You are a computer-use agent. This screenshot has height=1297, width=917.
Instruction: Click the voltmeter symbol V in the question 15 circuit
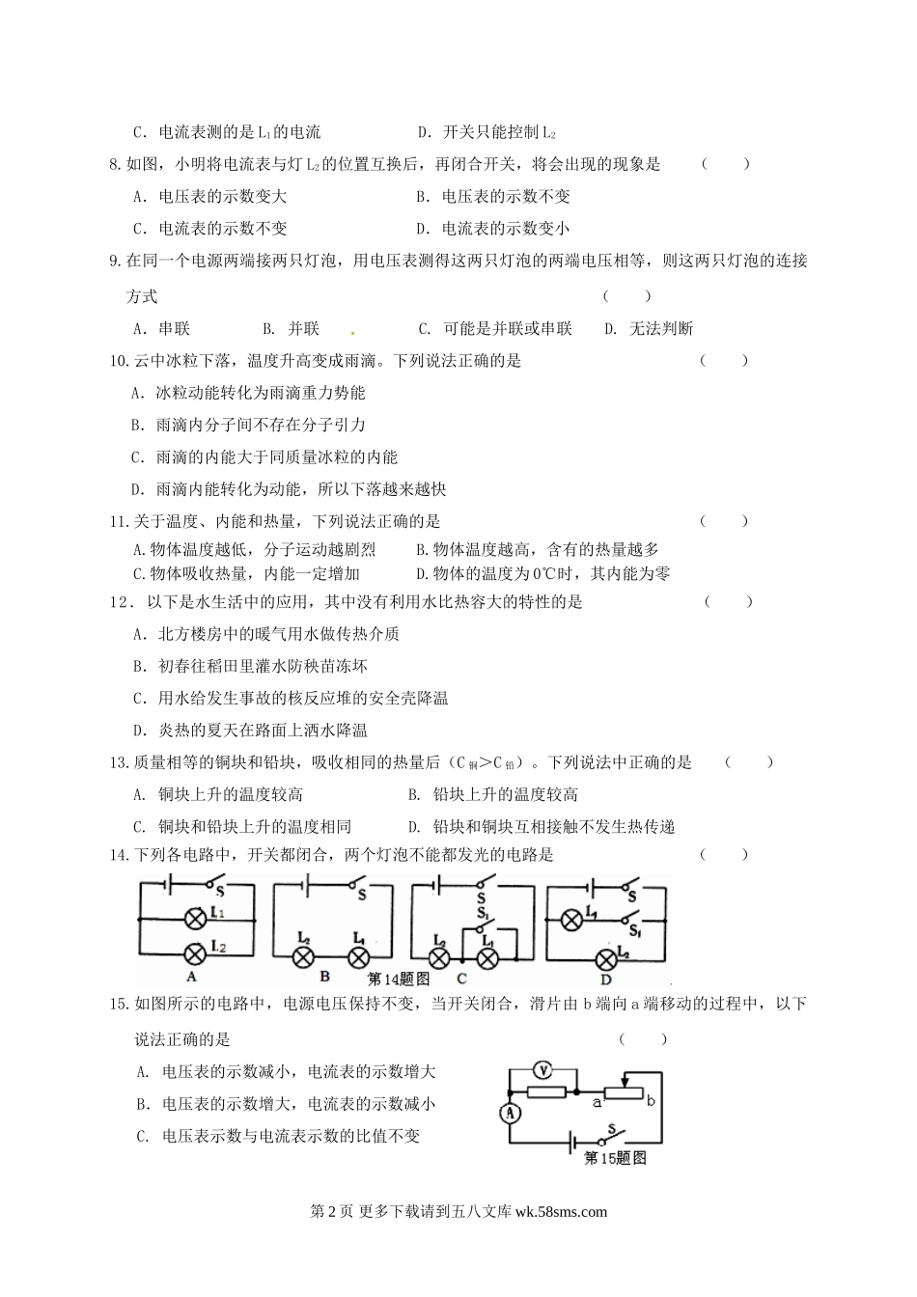click(x=542, y=1068)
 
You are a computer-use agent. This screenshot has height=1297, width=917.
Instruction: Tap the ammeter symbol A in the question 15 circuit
click(x=511, y=1113)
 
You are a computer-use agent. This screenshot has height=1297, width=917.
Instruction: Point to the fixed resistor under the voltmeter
click(x=545, y=1092)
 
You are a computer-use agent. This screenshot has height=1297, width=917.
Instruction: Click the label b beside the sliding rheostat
click(x=651, y=1099)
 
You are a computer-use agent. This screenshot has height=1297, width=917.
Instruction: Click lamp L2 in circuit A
click(x=192, y=955)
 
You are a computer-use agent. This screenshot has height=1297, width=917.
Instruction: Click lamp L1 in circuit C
click(x=487, y=957)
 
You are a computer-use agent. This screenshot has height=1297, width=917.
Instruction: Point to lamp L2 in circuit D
click(x=606, y=958)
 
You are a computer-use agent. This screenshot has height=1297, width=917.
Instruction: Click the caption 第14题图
click(x=399, y=978)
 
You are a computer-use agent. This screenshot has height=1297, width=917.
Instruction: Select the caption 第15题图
click(x=615, y=1157)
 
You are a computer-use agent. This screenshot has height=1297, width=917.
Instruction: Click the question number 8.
click(x=117, y=164)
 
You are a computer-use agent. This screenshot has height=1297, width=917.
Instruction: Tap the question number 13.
click(x=120, y=762)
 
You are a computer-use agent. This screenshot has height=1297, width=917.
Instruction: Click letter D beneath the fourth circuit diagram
click(x=606, y=977)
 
